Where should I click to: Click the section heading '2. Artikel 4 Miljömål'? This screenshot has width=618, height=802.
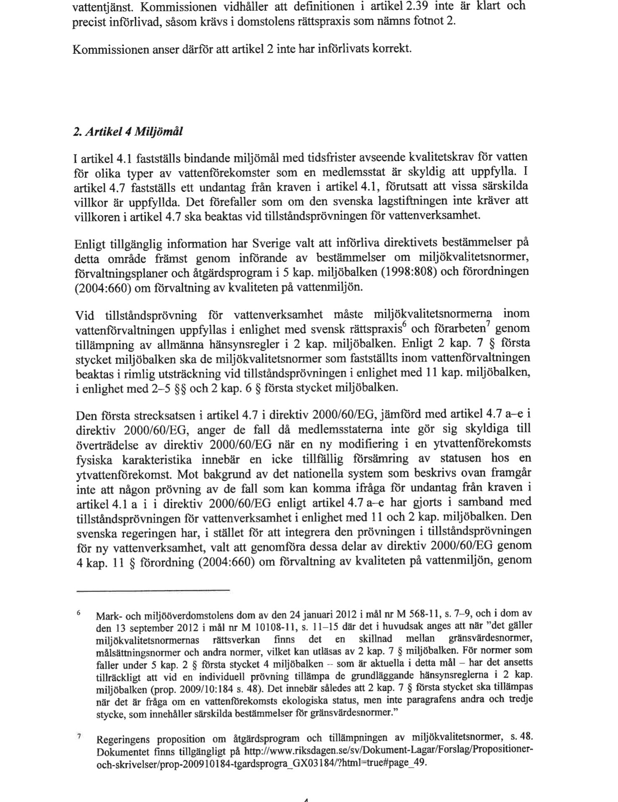point(128,132)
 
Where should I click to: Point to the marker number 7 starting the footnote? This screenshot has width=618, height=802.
point(78,737)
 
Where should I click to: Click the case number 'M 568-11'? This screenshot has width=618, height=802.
point(413,615)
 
